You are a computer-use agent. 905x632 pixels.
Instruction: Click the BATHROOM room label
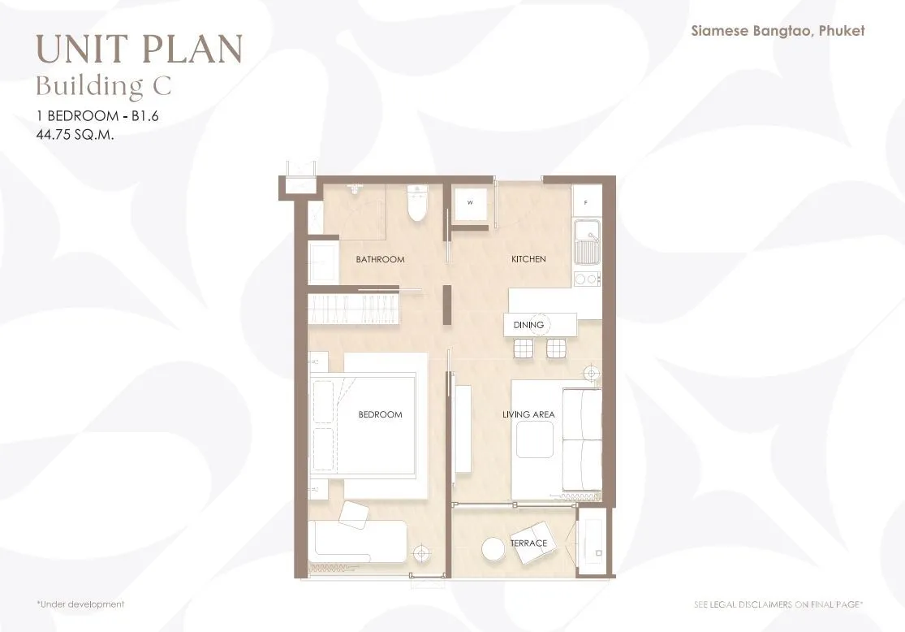[380, 259]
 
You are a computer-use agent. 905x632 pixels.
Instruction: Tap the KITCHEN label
[528, 259]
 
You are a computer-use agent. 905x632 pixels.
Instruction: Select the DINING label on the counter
[528, 325]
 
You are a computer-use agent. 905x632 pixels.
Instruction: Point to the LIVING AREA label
[528, 414]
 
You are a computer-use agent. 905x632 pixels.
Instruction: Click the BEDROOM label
[380, 414]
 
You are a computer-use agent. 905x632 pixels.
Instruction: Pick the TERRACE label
[528, 543]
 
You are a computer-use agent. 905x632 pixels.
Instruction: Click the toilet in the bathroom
[416, 203]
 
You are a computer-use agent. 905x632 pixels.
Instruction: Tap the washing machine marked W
[471, 203]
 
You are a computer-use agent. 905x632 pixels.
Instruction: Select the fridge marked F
[587, 202]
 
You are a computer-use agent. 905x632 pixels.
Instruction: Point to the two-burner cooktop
[587, 279]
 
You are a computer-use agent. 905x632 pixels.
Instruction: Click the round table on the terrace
[493, 549]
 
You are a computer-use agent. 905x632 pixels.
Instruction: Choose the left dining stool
[524, 349]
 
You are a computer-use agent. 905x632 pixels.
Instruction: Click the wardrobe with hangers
[353, 309]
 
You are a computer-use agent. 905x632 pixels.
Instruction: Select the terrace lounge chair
[532, 543]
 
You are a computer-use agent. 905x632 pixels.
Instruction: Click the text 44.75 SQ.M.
[75, 135]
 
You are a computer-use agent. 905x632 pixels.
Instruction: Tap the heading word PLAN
[192, 49]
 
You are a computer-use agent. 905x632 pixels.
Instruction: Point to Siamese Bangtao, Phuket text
[778, 31]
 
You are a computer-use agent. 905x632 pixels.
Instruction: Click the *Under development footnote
[80, 604]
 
